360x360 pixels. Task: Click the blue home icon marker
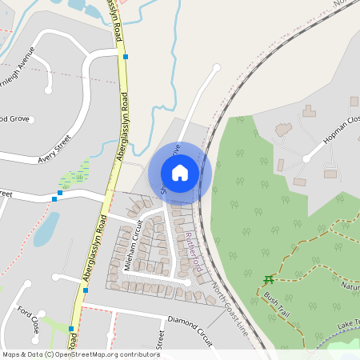(x=180, y=172)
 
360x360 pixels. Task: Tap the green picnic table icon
(x=268, y=279)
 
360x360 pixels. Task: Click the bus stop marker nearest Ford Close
(x=71, y=328)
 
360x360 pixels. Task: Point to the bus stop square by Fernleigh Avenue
(x=126, y=57)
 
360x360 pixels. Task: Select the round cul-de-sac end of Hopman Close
(x=306, y=158)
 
